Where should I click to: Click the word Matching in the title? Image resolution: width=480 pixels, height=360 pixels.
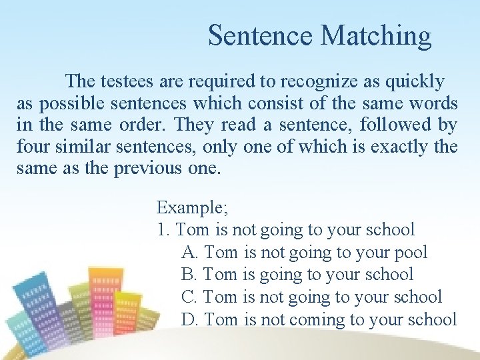(x=376, y=36)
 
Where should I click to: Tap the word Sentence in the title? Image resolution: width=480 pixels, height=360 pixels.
(x=261, y=36)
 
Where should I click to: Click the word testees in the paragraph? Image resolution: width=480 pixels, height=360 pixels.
(x=129, y=82)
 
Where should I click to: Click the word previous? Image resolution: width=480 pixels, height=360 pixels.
(x=148, y=168)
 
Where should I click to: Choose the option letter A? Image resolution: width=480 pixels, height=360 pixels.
(x=189, y=253)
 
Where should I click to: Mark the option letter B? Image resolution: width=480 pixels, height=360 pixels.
(x=189, y=275)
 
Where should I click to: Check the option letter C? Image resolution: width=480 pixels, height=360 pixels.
(x=189, y=297)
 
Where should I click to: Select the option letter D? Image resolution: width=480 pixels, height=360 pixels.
(x=189, y=320)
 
